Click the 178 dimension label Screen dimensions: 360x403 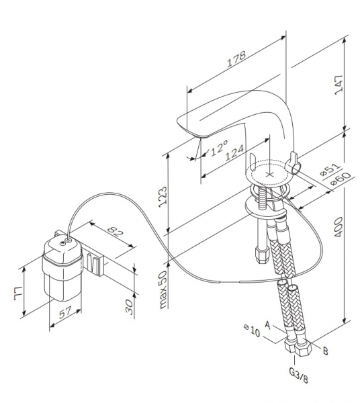click(x=236, y=59)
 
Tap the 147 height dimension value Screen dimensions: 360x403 click(x=339, y=85)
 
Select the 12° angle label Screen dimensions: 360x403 click(x=219, y=148)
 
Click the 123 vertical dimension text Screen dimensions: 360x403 click(x=163, y=197)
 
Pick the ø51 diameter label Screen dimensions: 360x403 click(x=331, y=169)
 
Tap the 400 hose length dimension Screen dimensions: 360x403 click(x=339, y=227)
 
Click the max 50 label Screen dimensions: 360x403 click(x=163, y=289)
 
